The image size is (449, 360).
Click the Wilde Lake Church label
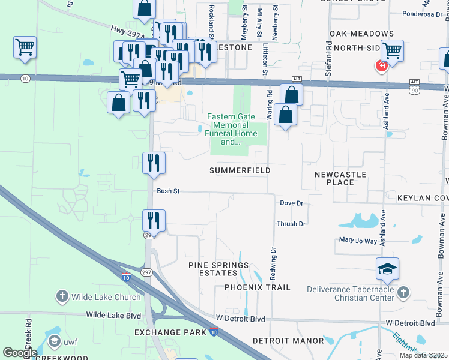tap(96, 296)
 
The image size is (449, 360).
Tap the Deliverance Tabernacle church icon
tap(403, 293)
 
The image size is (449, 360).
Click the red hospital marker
tap(380, 65)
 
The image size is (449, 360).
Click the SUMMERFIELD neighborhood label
tap(240, 170)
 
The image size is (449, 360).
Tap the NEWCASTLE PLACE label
tap(340, 178)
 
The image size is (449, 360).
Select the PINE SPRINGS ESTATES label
tap(218, 269)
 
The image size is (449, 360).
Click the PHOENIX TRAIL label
tap(258, 287)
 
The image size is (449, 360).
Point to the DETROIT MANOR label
tap(288, 340)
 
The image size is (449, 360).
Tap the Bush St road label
tap(169, 191)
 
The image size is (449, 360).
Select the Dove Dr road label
tap(292, 203)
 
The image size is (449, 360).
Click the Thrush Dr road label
tap(291, 224)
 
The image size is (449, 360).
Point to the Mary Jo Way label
tap(358, 241)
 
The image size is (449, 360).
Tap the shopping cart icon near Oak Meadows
tap(391, 51)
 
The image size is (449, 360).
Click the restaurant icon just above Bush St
tap(154, 163)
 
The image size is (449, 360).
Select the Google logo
tap(20, 353)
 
